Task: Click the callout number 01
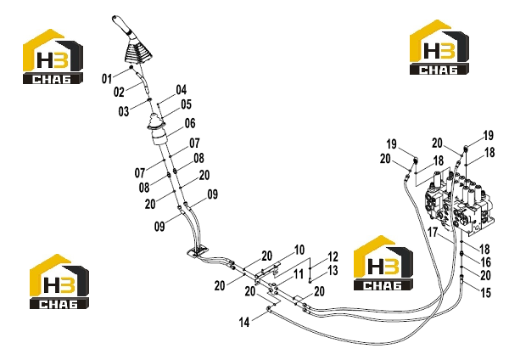[107, 79]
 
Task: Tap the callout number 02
[119, 92]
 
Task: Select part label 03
[124, 111]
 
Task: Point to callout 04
[182, 90]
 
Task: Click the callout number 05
[187, 104]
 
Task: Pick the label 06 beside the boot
[190, 123]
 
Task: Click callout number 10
[299, 250]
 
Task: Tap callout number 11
[299, 274]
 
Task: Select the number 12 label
[333, 257]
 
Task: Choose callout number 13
[333, 271]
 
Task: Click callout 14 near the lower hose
[244, 323]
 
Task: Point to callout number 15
[485, 293]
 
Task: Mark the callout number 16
[485, 262]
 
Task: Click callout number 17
[433, 233]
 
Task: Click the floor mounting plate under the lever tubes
[198, 251]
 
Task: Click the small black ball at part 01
[131, 67]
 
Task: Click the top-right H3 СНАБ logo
[439, 48]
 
